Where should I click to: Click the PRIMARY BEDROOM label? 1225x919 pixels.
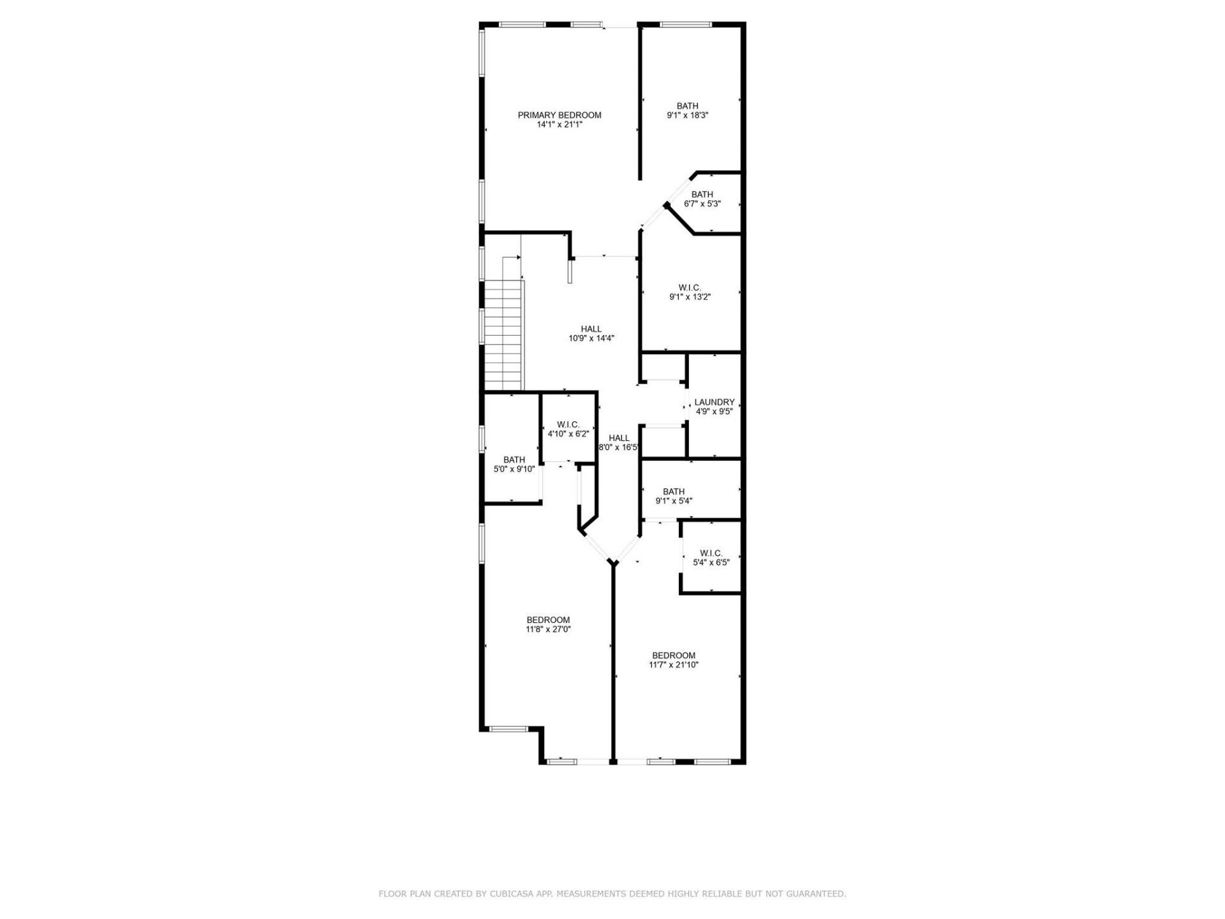tap(559, 116)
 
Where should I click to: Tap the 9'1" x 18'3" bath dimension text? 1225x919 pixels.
tap(687, 116)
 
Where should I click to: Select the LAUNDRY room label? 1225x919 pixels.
tap(714, 402)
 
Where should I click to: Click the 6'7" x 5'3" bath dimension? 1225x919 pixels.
tap(702, 204)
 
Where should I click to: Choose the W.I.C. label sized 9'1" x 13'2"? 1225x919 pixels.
tap(690, 288)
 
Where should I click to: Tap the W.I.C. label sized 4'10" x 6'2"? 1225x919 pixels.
tap(568, 425)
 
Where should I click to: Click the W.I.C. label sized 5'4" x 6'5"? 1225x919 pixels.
tap(711, 553)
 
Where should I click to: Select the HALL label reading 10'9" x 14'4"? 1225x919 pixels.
tap(591, 329)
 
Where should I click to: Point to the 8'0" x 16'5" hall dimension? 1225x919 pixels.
tap(618, 447)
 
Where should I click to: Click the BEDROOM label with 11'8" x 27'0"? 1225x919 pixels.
tap(548, 620)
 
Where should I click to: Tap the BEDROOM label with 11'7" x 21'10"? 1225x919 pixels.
tap(674, 655)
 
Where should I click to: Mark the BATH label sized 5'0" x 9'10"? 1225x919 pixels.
tap(514, 459)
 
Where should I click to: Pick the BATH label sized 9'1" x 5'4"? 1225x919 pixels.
tap(674, 491)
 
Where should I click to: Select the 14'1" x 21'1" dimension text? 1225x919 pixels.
tap(559, 125)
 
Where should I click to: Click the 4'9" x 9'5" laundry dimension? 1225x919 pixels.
tap(714, 412)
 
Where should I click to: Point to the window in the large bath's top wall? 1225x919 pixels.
tap(686, 25)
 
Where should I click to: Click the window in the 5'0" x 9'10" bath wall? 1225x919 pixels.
tap(482, 447)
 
